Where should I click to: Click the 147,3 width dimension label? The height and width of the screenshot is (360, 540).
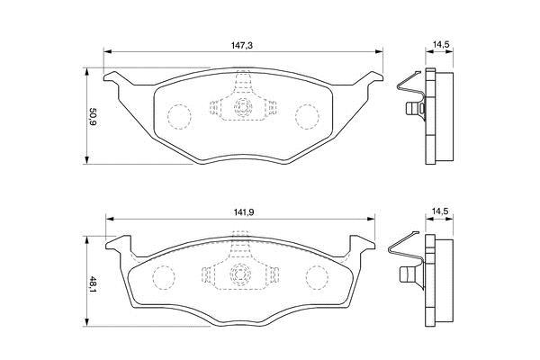(241, 45)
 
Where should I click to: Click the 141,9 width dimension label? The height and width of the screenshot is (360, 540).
(244, 212)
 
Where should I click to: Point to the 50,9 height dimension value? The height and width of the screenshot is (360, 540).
(93, 118)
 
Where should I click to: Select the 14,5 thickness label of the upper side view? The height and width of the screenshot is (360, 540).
(440, 44)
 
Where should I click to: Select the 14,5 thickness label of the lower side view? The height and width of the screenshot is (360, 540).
(440, 211)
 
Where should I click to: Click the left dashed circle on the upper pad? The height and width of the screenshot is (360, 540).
(179, 116)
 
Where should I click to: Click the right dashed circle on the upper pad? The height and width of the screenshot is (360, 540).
(307, 116)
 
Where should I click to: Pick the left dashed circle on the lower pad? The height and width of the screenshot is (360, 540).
(164, 277)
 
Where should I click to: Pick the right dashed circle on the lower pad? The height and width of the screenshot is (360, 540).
(317, 277)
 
